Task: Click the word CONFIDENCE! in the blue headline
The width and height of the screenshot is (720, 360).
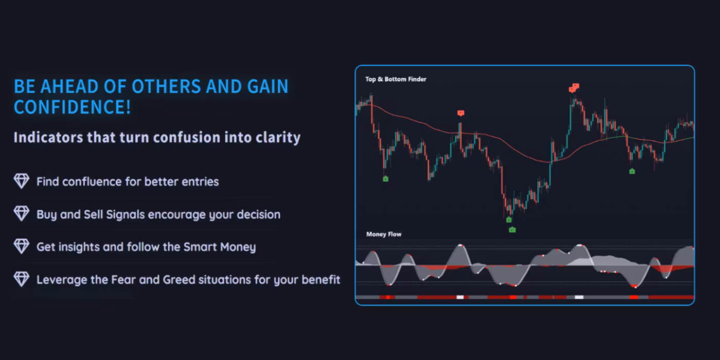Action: pos(73,107)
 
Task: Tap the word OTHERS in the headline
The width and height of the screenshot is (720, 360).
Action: pos(166,86)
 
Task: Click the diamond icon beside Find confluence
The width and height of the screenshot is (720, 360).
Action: pos(22,181)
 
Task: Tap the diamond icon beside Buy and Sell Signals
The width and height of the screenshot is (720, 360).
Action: pos(22,213)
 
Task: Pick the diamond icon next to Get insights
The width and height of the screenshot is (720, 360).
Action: pos(22,246)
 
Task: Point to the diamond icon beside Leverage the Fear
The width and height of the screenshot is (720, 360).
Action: pos(22,279)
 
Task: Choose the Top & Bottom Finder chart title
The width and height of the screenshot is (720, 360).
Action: pos(395,79)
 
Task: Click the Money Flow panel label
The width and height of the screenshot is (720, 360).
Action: pos(384,235)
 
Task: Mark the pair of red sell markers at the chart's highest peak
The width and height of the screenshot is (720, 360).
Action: pos(574,88)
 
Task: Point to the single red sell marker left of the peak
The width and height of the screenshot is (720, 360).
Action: pos(461,113)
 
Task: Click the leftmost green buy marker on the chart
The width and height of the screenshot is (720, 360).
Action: pos(386,179)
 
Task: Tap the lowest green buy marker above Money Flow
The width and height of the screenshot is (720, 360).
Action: pos(512,230)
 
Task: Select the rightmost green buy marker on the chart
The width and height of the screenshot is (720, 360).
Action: pos(632,171)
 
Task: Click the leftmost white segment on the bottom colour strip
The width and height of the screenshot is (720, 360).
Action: pos(460,297)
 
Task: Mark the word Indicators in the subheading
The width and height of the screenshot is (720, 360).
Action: pos(48,137)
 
